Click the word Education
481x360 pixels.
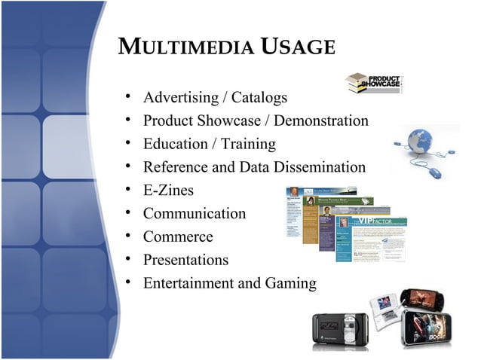176,144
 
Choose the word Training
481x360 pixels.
248,144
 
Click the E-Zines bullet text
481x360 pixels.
168,191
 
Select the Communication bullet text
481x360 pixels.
194,214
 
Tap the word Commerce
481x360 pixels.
178,237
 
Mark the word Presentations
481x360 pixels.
185,261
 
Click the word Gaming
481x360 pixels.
290,284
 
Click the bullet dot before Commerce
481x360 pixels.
129,236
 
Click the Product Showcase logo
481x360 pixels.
374,84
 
